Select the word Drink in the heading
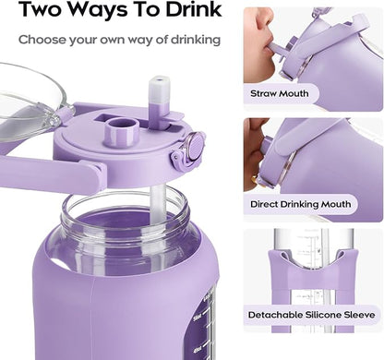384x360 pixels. pyautogui.click(x=191, y=13)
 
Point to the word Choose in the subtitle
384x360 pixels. pyautogui.click(x=42, y=40)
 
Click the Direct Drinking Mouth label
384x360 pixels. pyautogui.click(x=310, y=204)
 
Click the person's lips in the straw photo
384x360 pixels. pyautogui.click(x=268, y=41)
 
